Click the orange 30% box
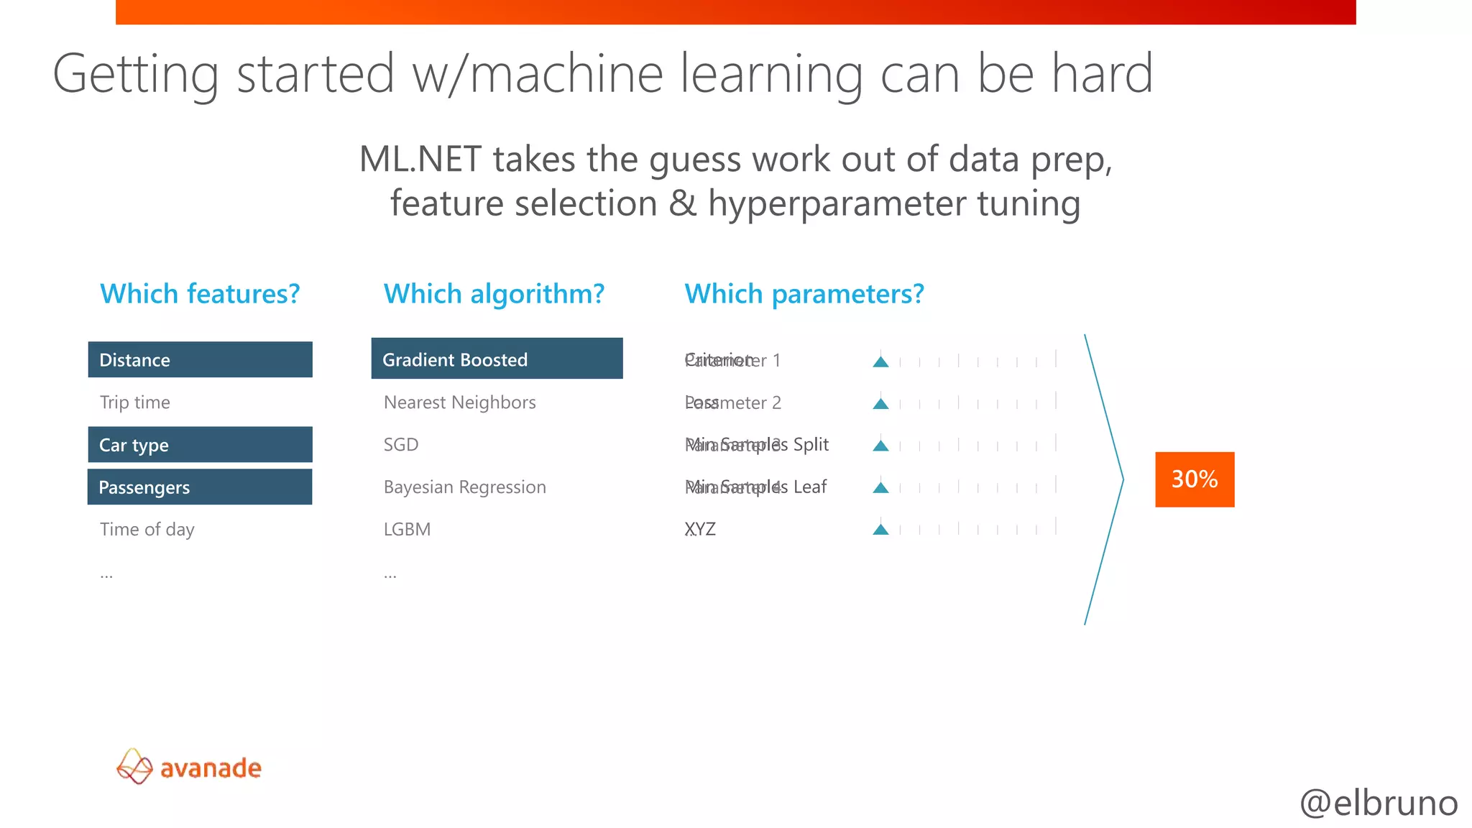coord(1194,479)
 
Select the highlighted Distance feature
coord(200,359)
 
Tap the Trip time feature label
coord(135,402)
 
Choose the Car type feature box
coord(200,445)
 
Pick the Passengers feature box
coord(200,487)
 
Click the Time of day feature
coord(147,530)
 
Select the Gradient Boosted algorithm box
coord(497,359)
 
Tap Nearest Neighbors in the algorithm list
coord(460,402)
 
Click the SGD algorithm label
coord(401,445)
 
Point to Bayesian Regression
coord(465,487)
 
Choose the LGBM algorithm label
coord(407,530)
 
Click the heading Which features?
coord(200,294)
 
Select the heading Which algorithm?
coord(494,294)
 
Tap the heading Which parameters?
coord(804,294)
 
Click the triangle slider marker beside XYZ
coord(880,530)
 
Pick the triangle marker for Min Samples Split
coord(880,446)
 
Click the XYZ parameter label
coord(700,530)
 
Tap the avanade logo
coord(189,767)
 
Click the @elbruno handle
coord(1379,803)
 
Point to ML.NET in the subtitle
coord(420,159)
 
